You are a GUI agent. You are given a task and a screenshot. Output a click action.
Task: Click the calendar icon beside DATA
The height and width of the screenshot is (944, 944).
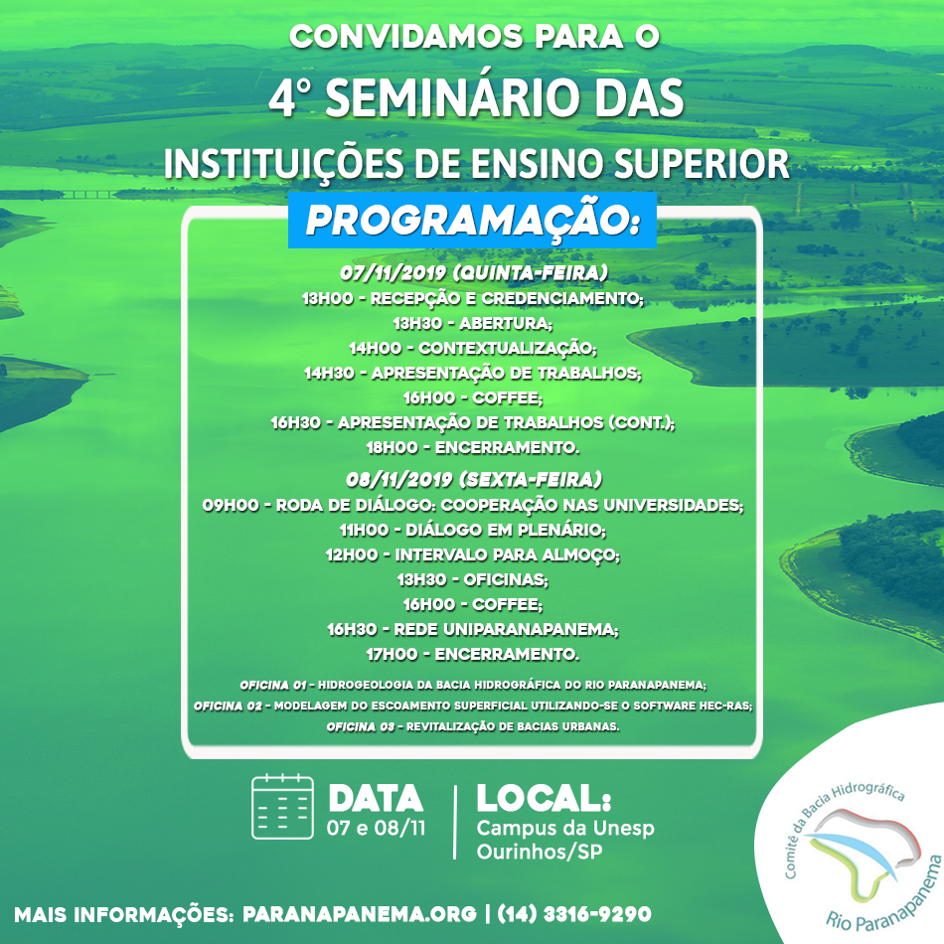[x=282, y=807]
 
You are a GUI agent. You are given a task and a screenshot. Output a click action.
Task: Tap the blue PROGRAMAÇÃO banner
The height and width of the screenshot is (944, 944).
[x=472, y=221]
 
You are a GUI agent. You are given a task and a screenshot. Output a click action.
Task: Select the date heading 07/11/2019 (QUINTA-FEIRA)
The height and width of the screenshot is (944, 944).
[x=473, y=272]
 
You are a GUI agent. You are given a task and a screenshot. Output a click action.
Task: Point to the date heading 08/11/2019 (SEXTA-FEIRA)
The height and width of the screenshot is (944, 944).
[x=473, y=479]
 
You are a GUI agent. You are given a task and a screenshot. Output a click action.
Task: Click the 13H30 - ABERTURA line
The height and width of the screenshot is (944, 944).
[x=473, y=323]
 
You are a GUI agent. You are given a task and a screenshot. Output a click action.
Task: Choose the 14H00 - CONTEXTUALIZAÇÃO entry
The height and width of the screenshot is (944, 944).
[x=473, y=348]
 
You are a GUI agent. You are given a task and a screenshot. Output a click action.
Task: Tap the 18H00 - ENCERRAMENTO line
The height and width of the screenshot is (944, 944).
[x=473, y=447]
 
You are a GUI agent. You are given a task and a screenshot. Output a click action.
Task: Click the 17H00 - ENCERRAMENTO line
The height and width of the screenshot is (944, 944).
[x=473, y=654]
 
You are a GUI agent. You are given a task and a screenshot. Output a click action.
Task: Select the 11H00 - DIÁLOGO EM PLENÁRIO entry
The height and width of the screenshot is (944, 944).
[x=473, y=530]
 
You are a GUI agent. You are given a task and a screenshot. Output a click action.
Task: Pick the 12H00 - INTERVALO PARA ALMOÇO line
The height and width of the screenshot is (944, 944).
[x=473, y=554]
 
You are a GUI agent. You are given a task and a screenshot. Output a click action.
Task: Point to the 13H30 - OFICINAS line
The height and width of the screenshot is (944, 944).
[x=473, y=579]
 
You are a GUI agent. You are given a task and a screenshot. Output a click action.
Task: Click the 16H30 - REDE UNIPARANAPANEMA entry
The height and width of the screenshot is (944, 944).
[x=473, y=629]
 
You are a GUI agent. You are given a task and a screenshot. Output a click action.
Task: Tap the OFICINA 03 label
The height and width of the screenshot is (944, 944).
[x=360, y=726]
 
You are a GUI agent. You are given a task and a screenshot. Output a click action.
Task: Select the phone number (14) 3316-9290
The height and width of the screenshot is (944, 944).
[x=574, y=914]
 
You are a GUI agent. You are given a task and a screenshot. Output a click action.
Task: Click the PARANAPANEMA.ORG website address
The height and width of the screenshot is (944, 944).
[x=360, y=914]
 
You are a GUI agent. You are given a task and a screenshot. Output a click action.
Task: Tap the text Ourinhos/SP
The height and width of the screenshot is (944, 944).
[x=540, y=852]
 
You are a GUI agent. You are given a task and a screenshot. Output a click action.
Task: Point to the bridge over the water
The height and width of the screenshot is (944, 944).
[x=90, y=194]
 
